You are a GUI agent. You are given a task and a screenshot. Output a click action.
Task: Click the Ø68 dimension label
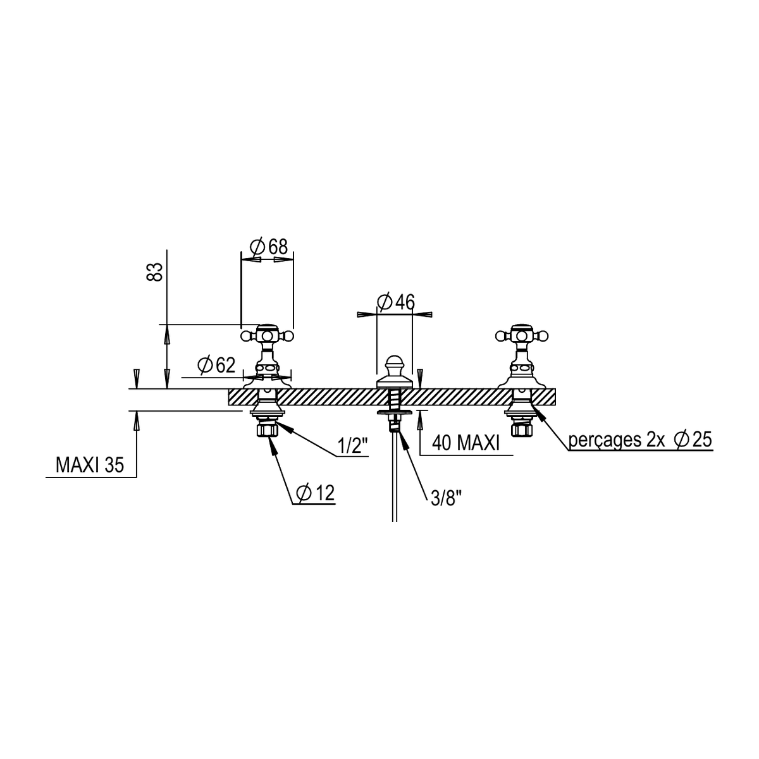point(269,247)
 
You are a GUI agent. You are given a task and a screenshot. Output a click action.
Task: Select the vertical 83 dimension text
point(154,272)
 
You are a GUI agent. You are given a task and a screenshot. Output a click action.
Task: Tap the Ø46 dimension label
point(396,302)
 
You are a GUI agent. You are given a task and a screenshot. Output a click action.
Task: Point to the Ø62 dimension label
point(216,365)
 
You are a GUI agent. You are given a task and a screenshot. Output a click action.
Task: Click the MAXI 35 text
point(90,465)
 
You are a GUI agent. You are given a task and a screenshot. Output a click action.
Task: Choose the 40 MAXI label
point(466,443)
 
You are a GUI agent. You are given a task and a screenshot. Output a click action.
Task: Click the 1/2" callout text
point(352,446)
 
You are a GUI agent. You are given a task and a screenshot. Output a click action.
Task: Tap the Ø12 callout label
point(316,493)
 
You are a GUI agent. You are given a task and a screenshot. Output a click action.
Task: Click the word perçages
point(605,441)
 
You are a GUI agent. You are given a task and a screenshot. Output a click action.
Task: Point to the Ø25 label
point(693,440)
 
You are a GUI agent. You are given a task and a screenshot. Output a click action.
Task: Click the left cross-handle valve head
point(267,336)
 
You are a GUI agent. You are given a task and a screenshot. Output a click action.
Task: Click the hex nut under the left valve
point(267,429)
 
